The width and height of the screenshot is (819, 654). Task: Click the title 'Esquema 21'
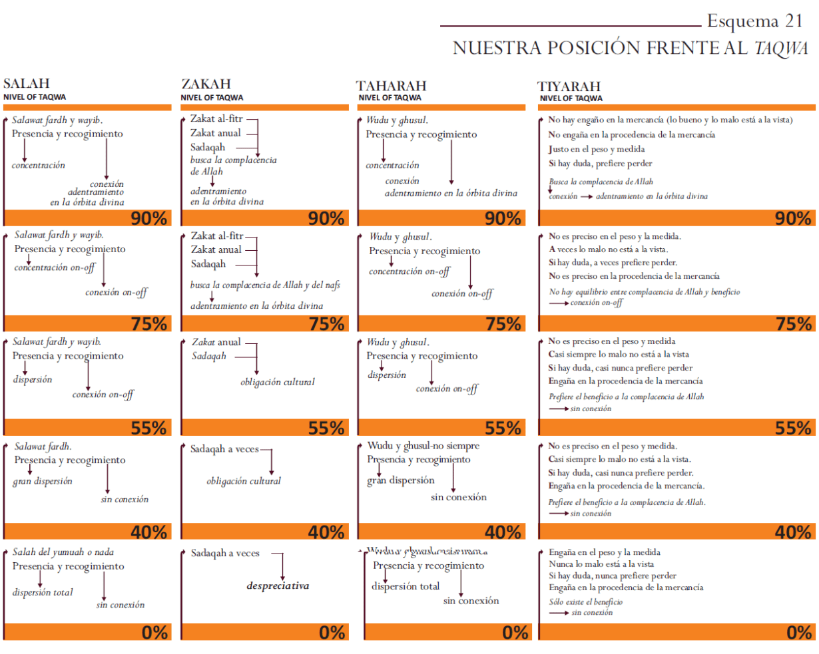click(754, 21)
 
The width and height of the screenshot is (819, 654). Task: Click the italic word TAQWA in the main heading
click(781, 49)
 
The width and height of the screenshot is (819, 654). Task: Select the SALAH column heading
click(27, 83)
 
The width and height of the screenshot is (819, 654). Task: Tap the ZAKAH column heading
click(206, 84)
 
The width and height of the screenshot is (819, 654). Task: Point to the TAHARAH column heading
click(391, 86)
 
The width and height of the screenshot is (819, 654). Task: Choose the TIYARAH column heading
click(569, 86)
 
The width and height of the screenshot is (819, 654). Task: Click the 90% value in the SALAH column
click(148, 218)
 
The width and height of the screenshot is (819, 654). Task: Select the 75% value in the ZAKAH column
click(327, 324)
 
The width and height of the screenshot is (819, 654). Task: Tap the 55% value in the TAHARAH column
click(503, 428)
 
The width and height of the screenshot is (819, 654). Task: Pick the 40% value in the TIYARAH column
click(793, 532)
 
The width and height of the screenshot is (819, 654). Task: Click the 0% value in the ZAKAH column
click(332, 633)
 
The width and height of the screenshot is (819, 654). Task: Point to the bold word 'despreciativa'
click(278, 586)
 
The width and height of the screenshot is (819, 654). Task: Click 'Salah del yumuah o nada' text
click(63, 552)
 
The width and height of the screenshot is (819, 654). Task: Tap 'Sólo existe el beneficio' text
click(586, 602)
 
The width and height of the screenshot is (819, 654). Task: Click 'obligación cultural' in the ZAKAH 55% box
click(278, 383)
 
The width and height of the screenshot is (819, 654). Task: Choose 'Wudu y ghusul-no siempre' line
click(423, 446)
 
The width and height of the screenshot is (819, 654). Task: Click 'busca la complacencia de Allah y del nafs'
click(265, 285)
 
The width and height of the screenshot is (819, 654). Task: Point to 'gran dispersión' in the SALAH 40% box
click(43, 482)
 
